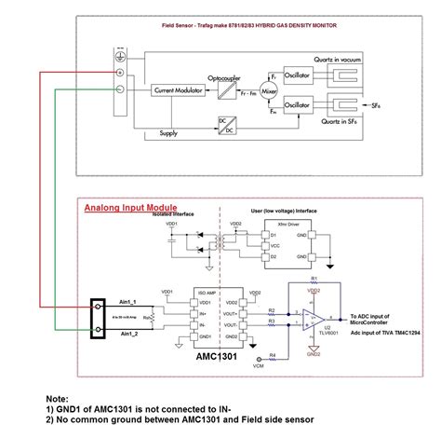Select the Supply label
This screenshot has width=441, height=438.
coord(168,133)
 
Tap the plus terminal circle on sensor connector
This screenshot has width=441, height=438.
coord(120,71)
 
